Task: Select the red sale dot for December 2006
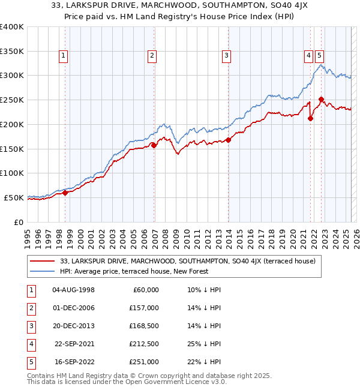154,145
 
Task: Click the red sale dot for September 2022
322,99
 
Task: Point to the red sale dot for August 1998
65,193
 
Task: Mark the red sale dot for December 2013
229,139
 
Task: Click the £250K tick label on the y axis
12,100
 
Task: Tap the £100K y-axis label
12,173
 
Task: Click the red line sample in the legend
43,261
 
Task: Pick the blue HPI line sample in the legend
43,271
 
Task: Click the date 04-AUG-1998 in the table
74,290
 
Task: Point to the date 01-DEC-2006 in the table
74,308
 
